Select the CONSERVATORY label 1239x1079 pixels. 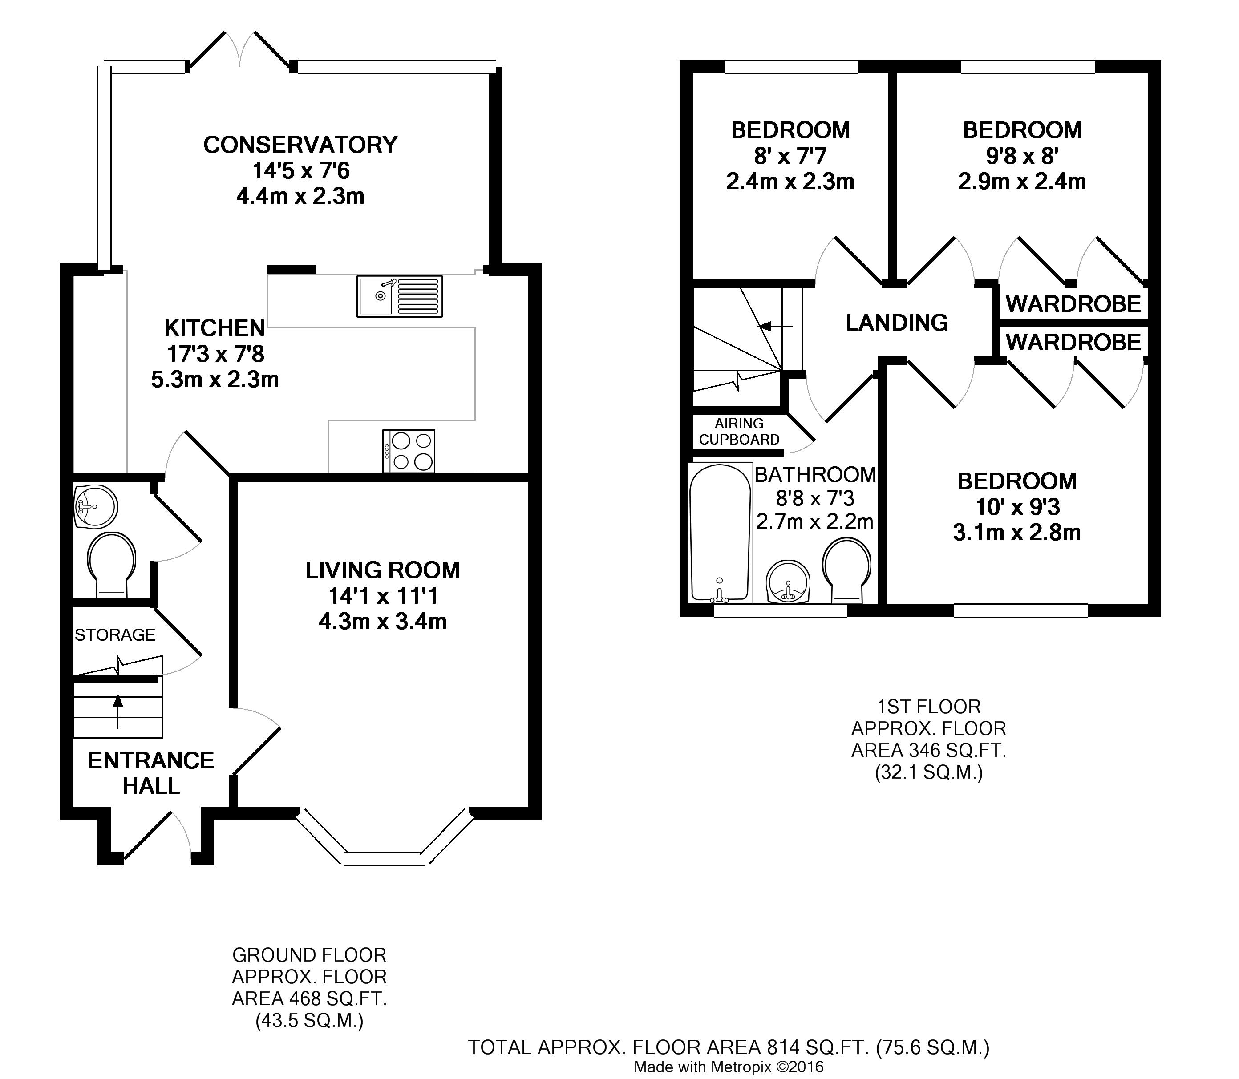pos(300,145)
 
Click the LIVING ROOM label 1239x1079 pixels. pos(382,570)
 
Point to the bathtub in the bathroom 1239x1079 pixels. pos(720,533)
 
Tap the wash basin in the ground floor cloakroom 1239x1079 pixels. pos(97,507)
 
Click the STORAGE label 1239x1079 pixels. pos(115,634)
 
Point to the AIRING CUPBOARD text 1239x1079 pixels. pos(739,432)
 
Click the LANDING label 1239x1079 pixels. pos(897,323)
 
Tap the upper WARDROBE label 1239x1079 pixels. pos(1073,304)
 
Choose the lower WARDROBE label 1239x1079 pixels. pos(1073,343)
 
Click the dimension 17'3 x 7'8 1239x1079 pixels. pos(215,354)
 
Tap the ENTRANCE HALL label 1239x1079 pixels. pos(151,773)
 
